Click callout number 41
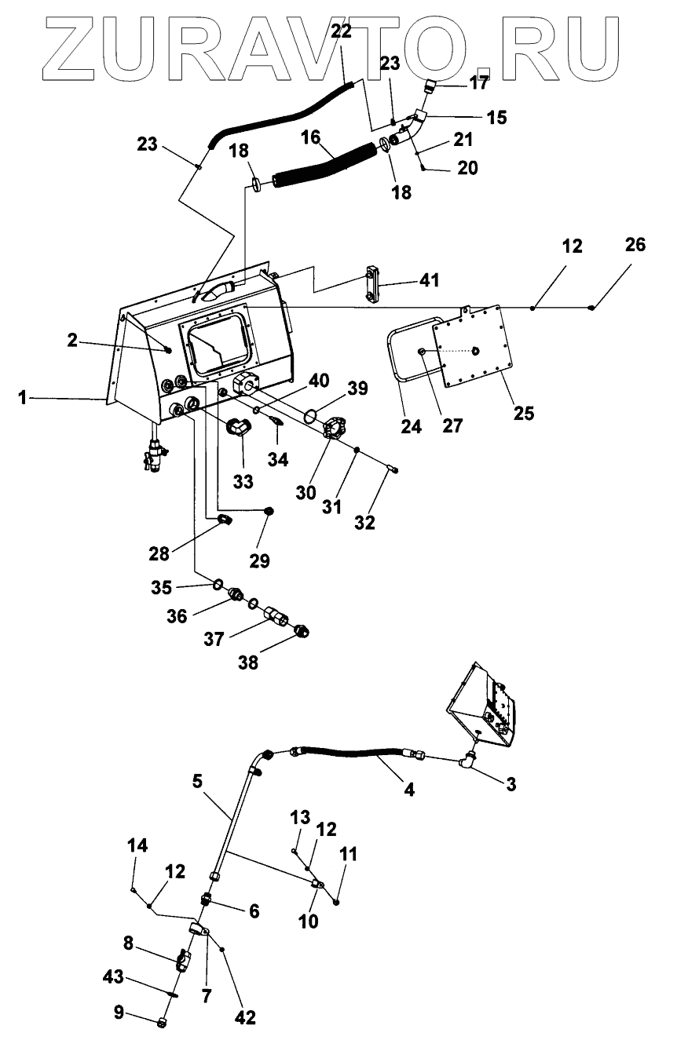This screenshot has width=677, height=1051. pos(429,280)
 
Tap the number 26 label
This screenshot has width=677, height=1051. pos(635,244)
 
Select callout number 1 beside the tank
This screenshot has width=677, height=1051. pos(22,399)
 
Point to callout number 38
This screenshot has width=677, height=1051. pos(248,662)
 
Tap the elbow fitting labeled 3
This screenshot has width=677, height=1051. pos(467,761)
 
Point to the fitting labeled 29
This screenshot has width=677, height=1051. pos(269,511)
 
